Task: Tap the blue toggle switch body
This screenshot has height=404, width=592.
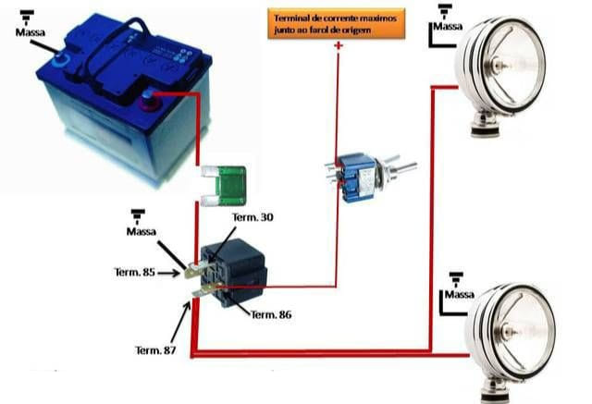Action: [x=358, y=178]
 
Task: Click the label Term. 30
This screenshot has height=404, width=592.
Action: [x=253, y=217]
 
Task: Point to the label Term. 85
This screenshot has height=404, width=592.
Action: [x=135, y=272]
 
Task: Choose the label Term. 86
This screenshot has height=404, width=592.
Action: [x=271, y=314]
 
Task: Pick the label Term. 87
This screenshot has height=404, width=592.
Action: [x=155, y=350]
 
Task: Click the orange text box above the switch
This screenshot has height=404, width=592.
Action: [x=336, y=23]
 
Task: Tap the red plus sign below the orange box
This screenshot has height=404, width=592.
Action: [x=339, y=45]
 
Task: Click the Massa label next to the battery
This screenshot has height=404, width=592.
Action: [x=31, y=32]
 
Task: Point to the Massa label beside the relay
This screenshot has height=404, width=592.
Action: [x=142, y=231]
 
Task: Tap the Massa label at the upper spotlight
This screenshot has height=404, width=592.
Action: [x=448, y=27]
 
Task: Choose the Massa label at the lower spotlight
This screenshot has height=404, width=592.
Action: [x=460, y=294]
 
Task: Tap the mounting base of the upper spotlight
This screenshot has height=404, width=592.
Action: [x=486, y=124]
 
